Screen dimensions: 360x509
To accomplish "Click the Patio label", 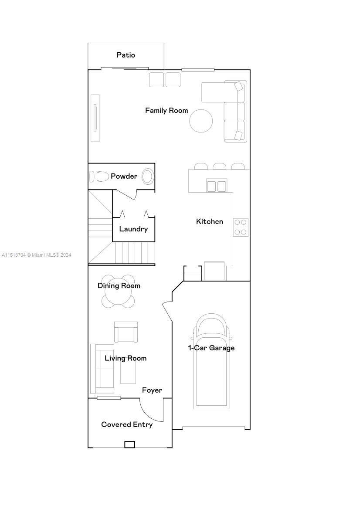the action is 126,55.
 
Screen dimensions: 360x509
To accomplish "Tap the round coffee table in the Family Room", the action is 201,121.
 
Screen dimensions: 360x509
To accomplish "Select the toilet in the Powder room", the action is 99,176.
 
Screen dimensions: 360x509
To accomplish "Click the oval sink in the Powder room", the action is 148,176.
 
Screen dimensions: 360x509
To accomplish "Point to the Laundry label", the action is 133,229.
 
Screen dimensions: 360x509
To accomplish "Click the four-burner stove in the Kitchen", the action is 241,227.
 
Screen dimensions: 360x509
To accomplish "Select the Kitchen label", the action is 209,221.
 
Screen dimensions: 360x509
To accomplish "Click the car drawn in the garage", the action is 211,361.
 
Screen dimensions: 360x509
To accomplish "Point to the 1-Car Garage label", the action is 211,348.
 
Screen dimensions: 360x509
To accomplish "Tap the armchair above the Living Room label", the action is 126,332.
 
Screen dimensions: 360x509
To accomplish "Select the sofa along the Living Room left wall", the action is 102,369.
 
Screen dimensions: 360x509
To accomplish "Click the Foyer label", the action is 152,390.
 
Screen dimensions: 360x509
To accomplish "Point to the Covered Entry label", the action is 127,424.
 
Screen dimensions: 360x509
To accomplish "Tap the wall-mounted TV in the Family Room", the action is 95,118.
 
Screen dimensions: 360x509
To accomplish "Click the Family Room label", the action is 166,110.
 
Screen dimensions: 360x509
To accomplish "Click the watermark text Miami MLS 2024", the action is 36,255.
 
